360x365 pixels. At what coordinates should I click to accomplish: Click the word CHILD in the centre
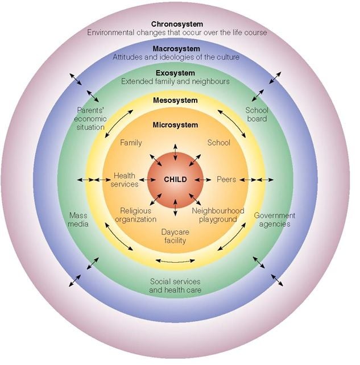tap(175, 180)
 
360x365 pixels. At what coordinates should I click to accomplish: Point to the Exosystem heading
tap(175, 73)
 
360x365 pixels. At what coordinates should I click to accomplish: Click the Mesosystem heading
tap(175, 101)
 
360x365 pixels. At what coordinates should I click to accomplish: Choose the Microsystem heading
tap(175, 125)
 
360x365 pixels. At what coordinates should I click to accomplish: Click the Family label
tap(131, 143)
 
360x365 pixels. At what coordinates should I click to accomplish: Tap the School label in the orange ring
tap(218, 143)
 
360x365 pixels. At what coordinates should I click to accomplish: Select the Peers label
tap(226, 180)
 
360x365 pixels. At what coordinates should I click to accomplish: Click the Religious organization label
tap(135, 215)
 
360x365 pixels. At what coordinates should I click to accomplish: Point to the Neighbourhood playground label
tap(218, 215)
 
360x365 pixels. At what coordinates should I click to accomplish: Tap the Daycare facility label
tap(175, 237)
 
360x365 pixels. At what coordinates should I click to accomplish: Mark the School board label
tap(256, 115)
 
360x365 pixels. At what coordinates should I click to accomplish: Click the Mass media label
tap(78, 219)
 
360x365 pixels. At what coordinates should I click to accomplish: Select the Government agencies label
tap(274, 219)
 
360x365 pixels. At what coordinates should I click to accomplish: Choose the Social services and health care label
tap(175, 285)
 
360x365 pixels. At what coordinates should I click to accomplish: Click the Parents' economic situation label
tap(89, 119)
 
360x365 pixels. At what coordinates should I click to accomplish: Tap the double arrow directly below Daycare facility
tap(170, 261)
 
